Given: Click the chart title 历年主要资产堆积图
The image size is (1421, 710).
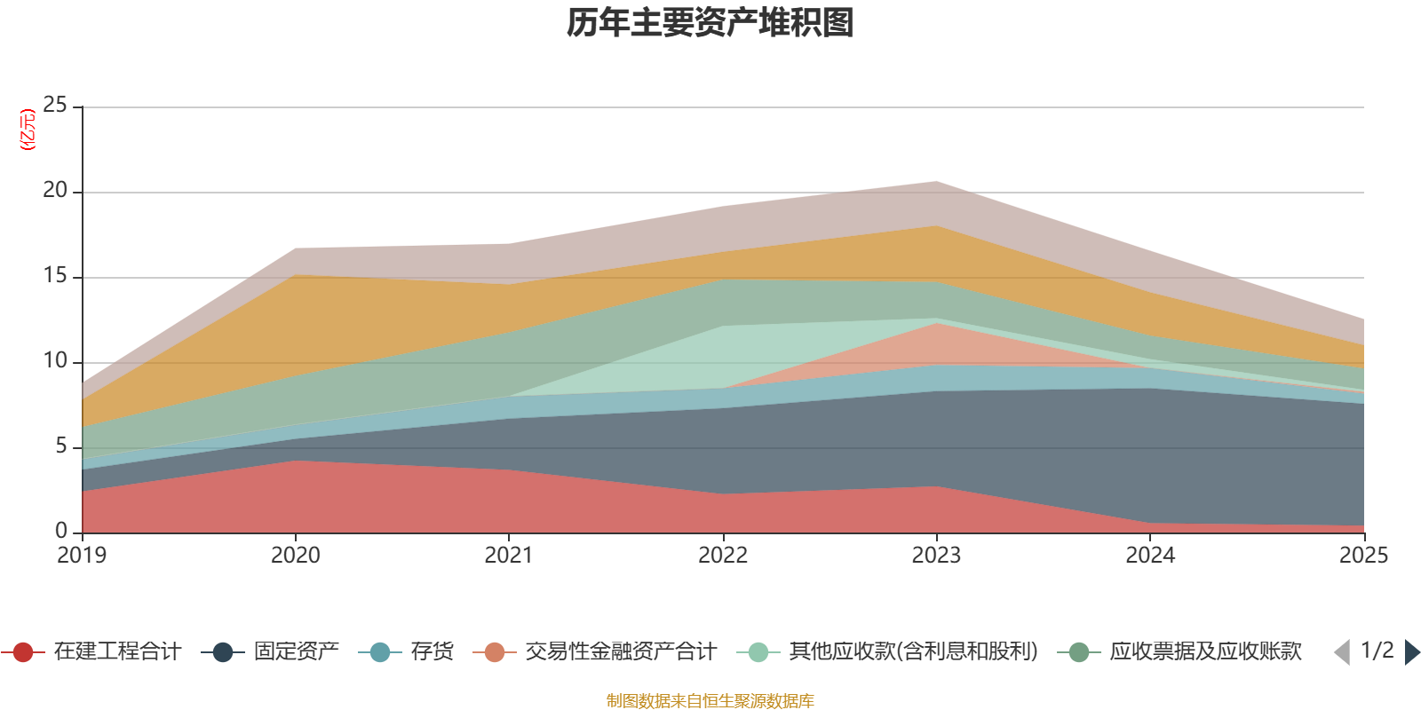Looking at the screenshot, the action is click(x=710, y=23).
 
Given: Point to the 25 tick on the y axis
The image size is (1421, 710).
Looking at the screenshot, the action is click(x=55, y=105).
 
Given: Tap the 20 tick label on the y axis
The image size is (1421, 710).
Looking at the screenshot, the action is click(x=55, y=190).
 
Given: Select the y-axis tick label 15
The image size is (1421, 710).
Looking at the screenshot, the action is click(x=55, y=275).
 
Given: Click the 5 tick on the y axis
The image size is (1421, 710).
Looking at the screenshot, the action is click(x=61, y=446).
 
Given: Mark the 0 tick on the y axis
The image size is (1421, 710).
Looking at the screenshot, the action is click(x=61, y=531).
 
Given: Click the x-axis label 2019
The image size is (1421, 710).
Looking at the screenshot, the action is click(x=82, y=556).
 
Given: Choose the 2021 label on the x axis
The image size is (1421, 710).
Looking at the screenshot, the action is click(x=509, y=556).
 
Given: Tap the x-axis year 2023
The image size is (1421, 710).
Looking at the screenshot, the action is click(x=936, y=556).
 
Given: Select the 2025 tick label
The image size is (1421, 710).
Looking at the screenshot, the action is click(x=1364, y=556).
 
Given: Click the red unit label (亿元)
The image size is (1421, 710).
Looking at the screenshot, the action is click(x=28, y=130).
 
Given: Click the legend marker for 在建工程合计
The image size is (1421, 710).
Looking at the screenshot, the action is click(x=23, y=651).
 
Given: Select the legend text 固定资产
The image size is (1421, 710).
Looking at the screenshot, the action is click(x=297, y=651).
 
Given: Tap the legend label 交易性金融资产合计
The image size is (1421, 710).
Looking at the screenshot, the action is click(x=621, y=651).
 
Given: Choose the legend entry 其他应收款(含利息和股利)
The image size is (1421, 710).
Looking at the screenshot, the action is click(x=914, y=651).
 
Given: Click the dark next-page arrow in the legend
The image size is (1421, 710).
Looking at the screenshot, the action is click(x=1412, y=652).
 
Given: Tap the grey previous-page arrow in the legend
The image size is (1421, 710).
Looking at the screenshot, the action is click(x=1342, y=652).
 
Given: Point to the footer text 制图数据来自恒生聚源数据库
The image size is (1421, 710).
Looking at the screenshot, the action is click(x=710, y=700).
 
